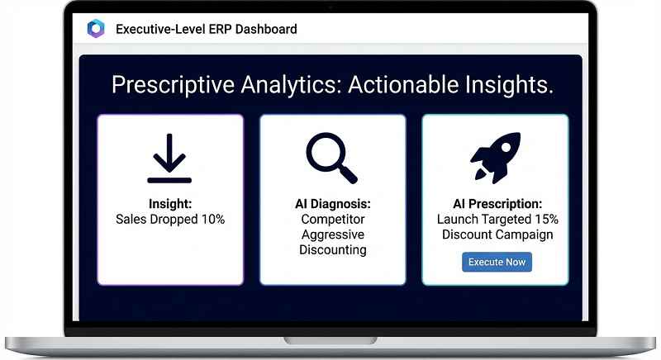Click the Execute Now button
click(x=496, y=262)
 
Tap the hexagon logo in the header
click(x=96, y=29)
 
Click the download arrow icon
click(x=169, y=158)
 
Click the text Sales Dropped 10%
click(x=170, y=220)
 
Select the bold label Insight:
click(x=170, y=204)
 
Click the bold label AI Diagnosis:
click(x=333, y=204)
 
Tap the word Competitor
click(x=333, y=220)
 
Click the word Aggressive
click(x=333, y=234)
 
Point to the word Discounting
click(x=333, y=249)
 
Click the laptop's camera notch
click(x=330, y=7)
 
